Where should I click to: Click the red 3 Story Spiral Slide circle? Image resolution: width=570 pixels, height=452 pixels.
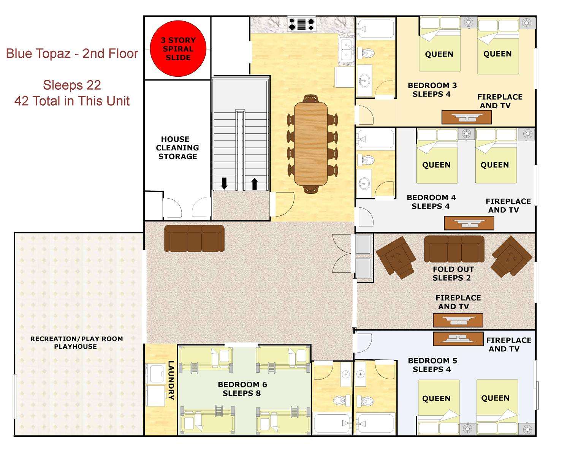(x=178, y=49)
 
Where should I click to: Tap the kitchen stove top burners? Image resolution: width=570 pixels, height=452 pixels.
(x=302, y=24)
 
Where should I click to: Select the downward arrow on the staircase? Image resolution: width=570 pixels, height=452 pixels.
(x=224, y=183)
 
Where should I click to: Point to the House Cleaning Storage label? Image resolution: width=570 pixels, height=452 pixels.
(x=177, y=148)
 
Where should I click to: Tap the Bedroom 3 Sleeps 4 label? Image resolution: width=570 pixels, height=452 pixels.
(x=432, y=90)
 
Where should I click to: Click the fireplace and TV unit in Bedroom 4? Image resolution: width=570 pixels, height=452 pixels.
(x=469, y=223)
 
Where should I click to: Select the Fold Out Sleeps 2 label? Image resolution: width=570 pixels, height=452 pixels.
(x=453, y=273)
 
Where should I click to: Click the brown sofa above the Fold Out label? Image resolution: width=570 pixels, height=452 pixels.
(x=454, y=249)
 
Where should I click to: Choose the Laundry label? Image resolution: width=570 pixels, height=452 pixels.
(x=171, y=380)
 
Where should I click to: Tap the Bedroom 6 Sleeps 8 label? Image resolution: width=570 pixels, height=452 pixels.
(x=242, y=389)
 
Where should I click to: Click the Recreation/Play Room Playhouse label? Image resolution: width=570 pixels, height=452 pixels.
(x=76, y=343)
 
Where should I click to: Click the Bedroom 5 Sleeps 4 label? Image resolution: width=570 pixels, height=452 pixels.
(x=432, y=365)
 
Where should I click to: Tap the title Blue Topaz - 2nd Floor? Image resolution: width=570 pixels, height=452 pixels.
(x=72, y=54)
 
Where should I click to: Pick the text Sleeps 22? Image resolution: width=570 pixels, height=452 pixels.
(x=72, y=85)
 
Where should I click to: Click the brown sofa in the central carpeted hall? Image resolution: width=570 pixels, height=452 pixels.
(x=195, y=238)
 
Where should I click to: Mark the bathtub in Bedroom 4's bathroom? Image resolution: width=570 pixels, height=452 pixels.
(x=375, y=139)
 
